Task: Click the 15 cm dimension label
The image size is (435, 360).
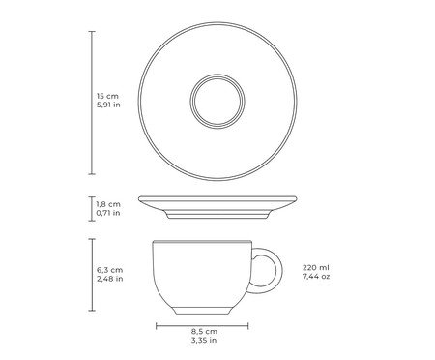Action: point(107,96)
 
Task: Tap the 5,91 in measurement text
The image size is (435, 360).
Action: point(108,105)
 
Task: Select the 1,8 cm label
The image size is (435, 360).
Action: point(108,204)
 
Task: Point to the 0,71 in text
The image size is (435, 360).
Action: point(108,213)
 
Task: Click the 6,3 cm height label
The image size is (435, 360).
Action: point(110,270)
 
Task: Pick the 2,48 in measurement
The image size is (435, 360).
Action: point(110,279)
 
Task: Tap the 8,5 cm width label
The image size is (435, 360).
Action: point(204,331)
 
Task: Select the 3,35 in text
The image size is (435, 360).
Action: point(204,340)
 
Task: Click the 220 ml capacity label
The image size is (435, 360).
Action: point(316,267)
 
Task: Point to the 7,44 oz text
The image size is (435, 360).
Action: point(316,276)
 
